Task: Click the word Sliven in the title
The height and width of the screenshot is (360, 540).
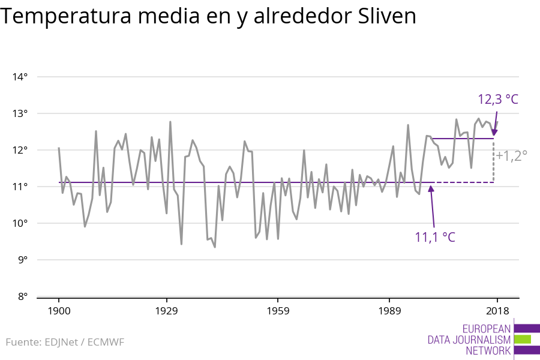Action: tap(386, 17)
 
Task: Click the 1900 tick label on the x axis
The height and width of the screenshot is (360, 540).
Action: tap(59, 311)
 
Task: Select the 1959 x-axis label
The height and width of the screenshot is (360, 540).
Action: tap(278, 311)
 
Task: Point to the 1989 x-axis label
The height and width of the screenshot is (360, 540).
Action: tap(389, 311)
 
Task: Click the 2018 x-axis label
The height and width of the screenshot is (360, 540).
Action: tap(497, 311)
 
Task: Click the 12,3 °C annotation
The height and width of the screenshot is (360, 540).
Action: tap(497, 100)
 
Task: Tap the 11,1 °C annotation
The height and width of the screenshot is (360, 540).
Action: tap(435, 237)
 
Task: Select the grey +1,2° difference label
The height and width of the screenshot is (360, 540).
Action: tap(512, 155)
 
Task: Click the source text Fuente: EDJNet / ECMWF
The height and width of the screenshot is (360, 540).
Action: tap(65, 342)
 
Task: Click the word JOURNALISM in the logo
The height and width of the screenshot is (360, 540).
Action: tap(485, 340)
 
